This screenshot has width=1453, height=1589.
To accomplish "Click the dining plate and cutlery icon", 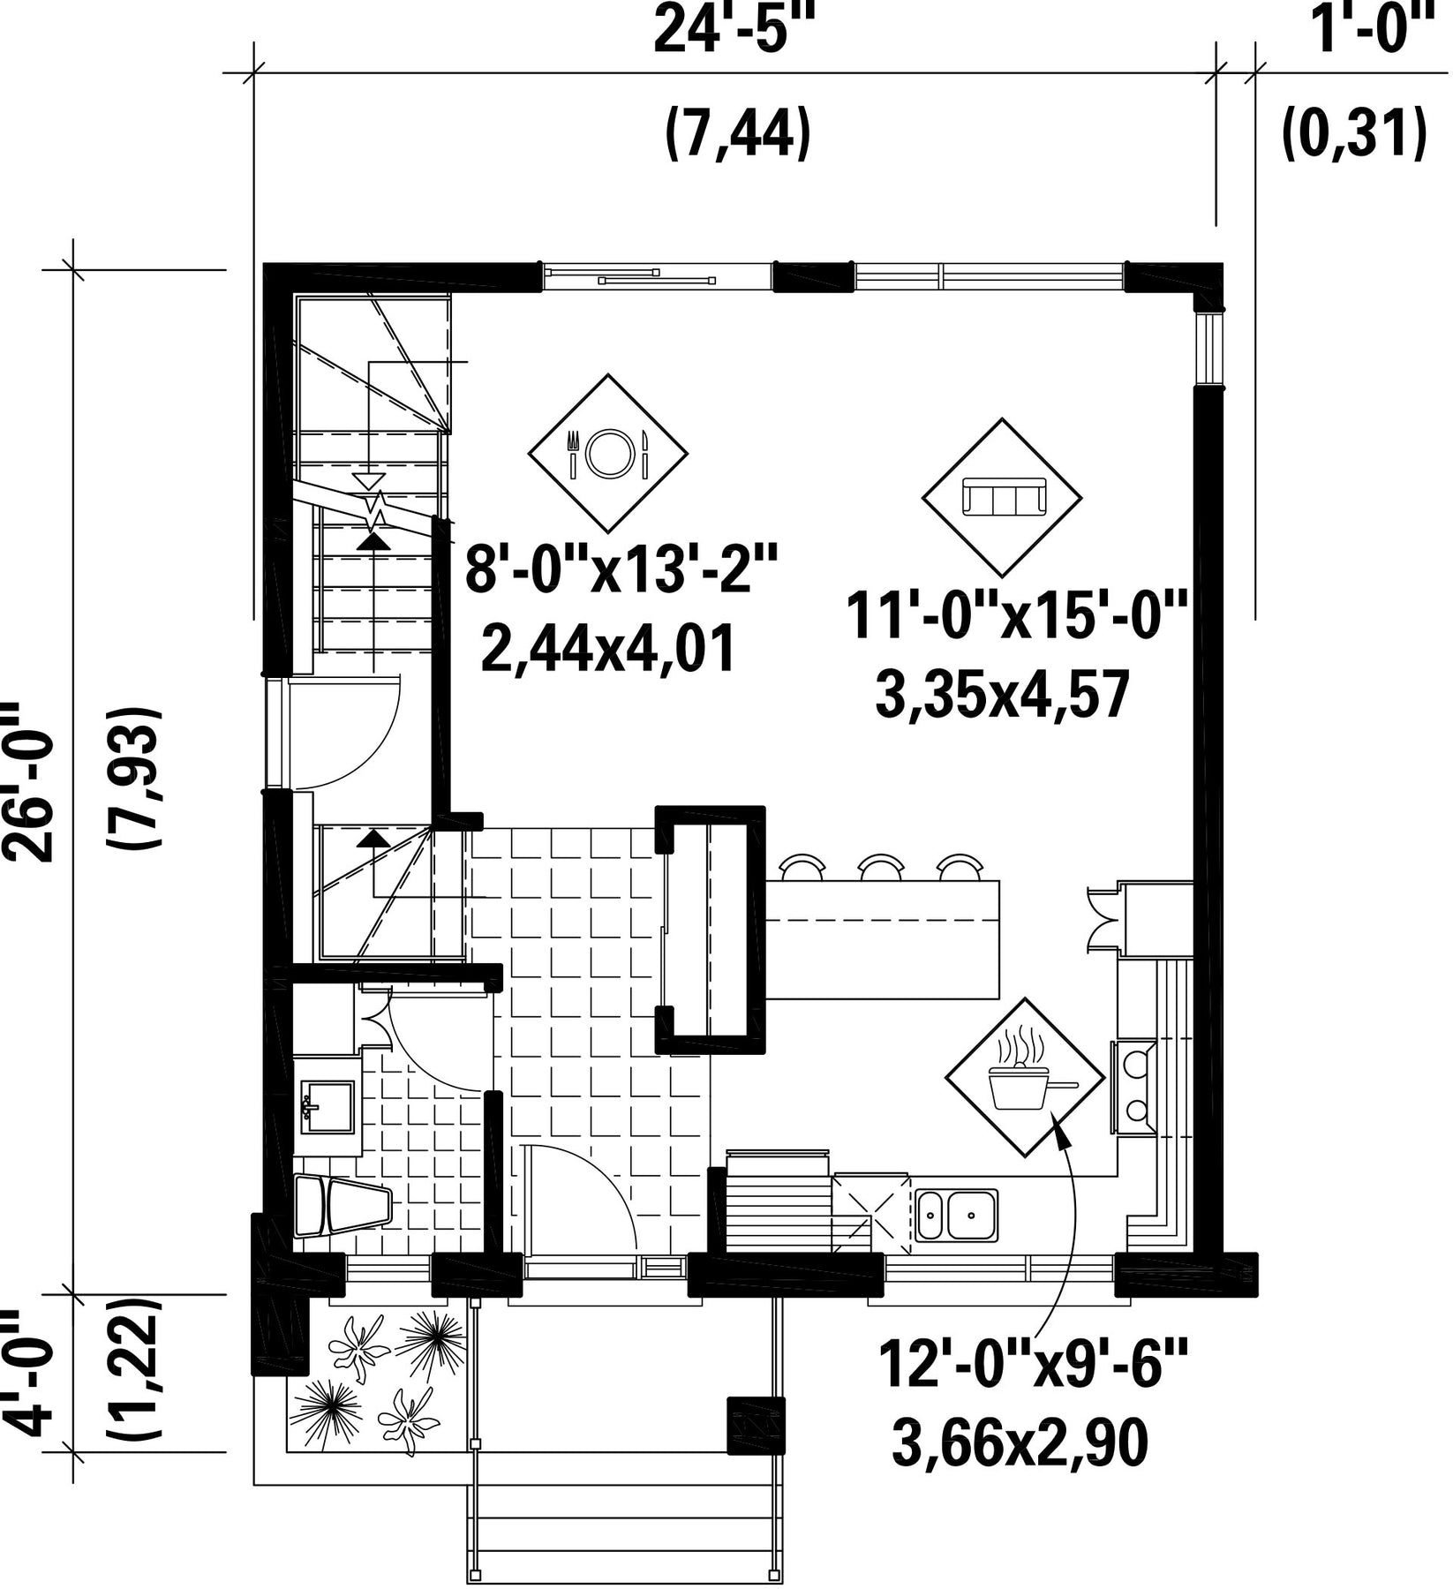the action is coord(607,454).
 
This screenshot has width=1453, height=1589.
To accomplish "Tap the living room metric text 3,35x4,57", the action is coord(1002,696).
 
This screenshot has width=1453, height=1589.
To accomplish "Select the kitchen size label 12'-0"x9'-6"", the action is coord(1033,1365).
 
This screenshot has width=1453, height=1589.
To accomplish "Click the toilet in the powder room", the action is coord(342,1205).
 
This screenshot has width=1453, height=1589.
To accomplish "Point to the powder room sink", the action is coord(327,1107).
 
